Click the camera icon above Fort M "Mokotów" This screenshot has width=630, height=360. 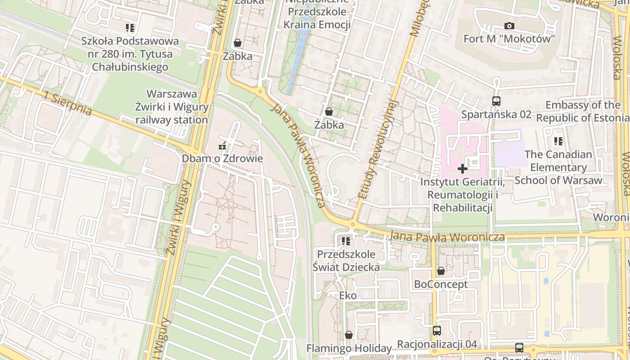pos(509,26)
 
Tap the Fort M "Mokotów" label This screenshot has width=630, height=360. pos(509,39)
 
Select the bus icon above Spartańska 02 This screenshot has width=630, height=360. pos(496,101)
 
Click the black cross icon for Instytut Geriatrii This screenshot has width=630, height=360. pos(462,169)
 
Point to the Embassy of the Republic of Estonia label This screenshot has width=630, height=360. pos(583,112)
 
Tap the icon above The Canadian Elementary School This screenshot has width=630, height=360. pos(558,141)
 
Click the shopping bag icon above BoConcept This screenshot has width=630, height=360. pos(441,271)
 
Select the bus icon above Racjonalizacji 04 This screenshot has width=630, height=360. pos(436,331)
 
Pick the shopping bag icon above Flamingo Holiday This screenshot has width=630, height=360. pos(348,335)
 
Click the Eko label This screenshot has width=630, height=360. pos(348,296)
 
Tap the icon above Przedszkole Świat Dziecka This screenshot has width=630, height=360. pos(346,241)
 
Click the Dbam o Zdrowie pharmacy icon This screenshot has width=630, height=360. pos(222,145)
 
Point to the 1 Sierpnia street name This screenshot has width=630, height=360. pos(68,103)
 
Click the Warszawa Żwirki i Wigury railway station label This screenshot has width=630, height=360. pos(172,107)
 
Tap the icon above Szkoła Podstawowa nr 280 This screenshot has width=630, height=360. pos(130,28)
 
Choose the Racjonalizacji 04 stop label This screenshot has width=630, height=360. pos(436,344)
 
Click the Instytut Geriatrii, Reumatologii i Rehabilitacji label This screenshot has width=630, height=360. pos(462,195)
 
